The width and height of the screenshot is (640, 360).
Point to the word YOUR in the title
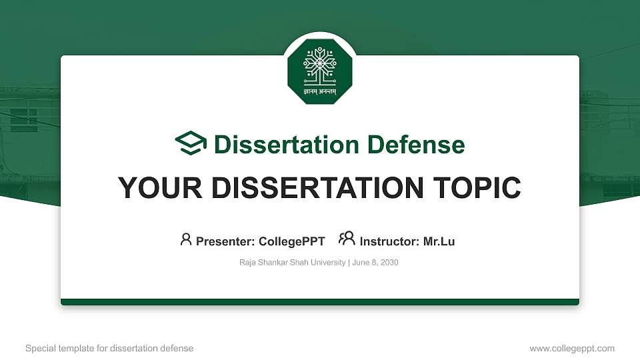tap(150, 188)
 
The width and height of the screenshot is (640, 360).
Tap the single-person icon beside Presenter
tap(186, 239)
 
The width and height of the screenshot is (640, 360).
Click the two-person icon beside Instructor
tap(347, 239)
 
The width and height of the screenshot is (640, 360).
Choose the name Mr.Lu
tap(439, 241)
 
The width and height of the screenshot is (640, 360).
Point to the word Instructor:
tap(389, 241)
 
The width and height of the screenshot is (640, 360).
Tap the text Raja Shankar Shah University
tap(292, 263)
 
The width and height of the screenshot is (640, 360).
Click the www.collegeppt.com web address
tap(572, 349)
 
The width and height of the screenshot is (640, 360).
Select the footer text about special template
tap(109, 349)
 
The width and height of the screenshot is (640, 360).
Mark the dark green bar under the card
tap(320, 302)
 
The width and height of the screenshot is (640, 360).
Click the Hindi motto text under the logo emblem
tap(319, 91)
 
